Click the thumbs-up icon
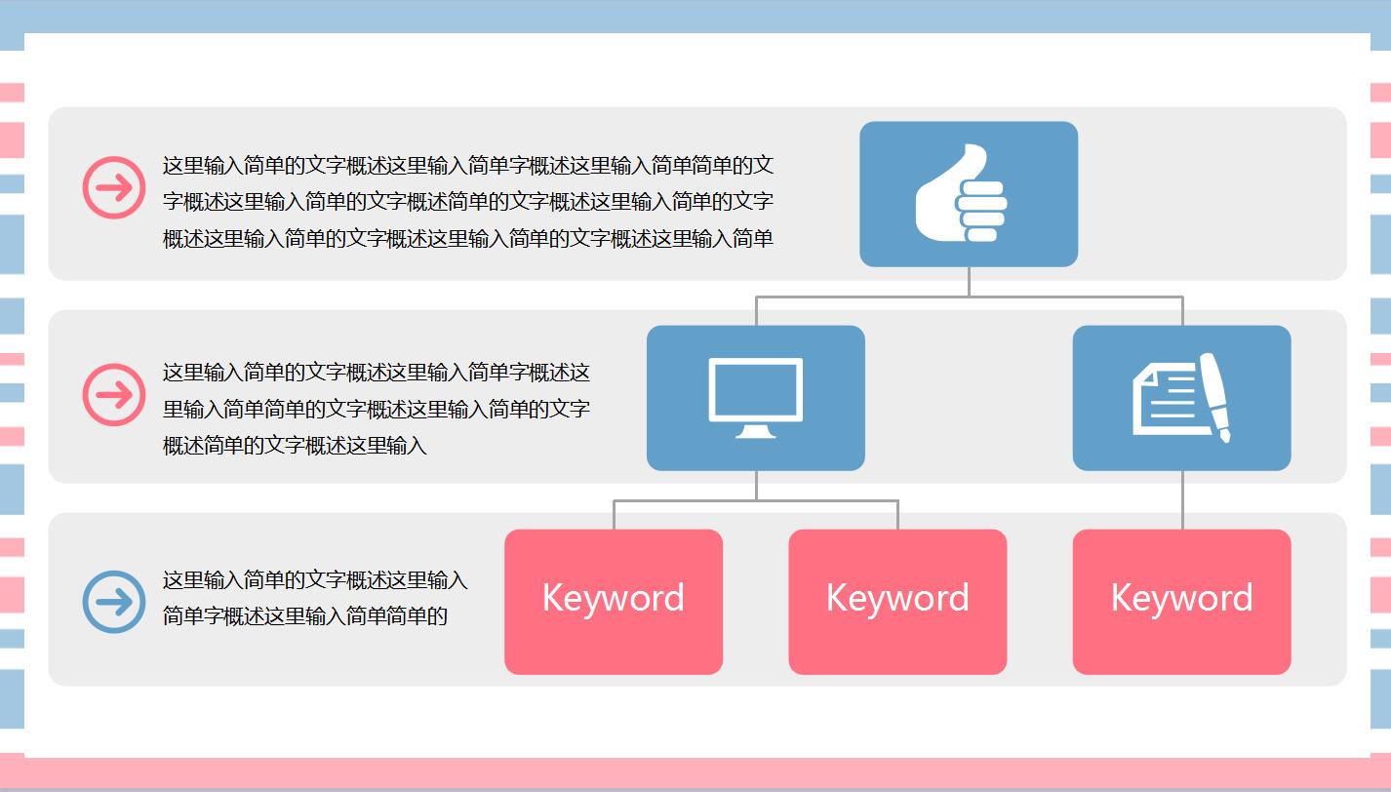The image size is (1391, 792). click(962, 194)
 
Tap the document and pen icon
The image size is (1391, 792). click(1181, 398)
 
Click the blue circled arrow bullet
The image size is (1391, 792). click(114, 602)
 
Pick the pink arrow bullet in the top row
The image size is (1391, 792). click(114, 187)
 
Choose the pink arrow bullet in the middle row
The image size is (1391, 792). click(114, 395)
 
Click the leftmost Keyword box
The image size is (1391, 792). click(614, 602)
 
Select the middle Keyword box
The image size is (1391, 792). click(897, 602)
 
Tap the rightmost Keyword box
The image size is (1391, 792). click(1182, 602)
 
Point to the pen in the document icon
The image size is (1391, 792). click(1214, 395)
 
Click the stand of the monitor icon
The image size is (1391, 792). click(756, 430)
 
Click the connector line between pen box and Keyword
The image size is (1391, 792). click(1182, 499)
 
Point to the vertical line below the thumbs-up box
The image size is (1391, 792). click(969, 281)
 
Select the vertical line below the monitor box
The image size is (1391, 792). click(756, 485)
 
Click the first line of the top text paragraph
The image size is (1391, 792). click(468, 166)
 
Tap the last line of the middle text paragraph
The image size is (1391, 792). click(295, 446)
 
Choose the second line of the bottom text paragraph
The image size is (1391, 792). click(305, 616)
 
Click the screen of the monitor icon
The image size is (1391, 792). click(756, 389)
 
